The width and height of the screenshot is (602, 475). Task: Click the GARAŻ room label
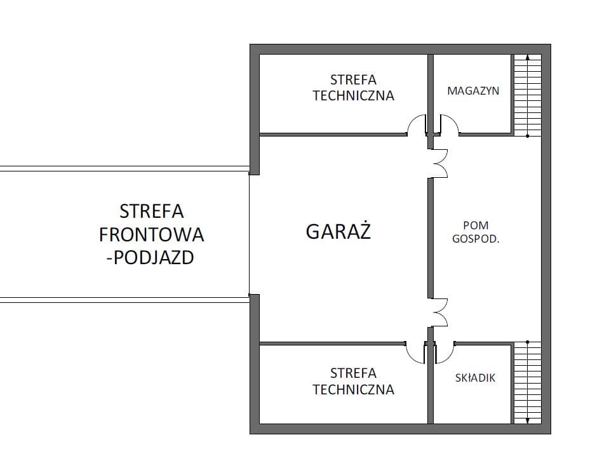click(x=338, y=231)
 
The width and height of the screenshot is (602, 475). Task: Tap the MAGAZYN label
click(x=473, y=91)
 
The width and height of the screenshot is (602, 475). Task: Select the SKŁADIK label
click(x=475, y=378)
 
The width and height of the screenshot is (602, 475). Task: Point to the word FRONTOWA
click(x=151, y=234)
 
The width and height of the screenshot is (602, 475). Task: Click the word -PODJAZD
click(x=150, y=258)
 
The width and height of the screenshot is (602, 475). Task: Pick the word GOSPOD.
click(x=476, y=239)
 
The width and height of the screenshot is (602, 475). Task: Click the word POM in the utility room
click(x=476, y=225)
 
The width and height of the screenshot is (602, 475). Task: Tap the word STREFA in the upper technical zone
click(x=353, y=80)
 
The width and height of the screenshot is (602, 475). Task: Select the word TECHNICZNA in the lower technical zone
click(x=353, y=389)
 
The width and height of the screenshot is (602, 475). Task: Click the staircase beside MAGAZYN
click(x=528, y=95)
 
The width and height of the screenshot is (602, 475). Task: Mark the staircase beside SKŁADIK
click(x=528, y=382)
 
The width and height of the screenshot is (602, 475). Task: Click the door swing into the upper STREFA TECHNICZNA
click(x=416, y=125)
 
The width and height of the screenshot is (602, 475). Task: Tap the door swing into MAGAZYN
click(x=449, y=125)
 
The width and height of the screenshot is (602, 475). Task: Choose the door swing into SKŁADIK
click(x=445, y=352)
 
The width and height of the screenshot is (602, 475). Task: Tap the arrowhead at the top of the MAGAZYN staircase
click(x=528, y=57)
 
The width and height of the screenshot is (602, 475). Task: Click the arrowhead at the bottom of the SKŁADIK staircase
click(x=528, y=421)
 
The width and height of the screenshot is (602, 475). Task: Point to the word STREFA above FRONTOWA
click(x=151, y=211)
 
